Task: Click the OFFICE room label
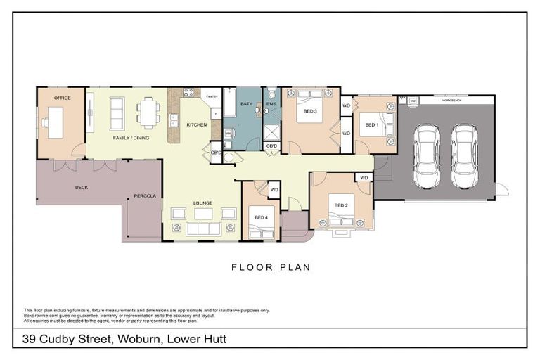[x=62, y=98]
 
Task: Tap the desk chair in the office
[x=44, y=122]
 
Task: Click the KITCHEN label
[x=196, y=125]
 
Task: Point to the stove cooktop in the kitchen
[x=189, y=92]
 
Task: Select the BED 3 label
[x=310, y=111]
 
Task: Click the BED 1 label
[x=371, y=125]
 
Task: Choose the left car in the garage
[x=426, y=156]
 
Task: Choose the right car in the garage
[x=464, y=156]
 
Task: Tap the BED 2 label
[x=341, y=205]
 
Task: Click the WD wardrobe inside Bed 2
[x=364, y=179]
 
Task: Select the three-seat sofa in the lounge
[x=202, y=229]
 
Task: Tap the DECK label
[x=82, y=188]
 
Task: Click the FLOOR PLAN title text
[x=271, y=267]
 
